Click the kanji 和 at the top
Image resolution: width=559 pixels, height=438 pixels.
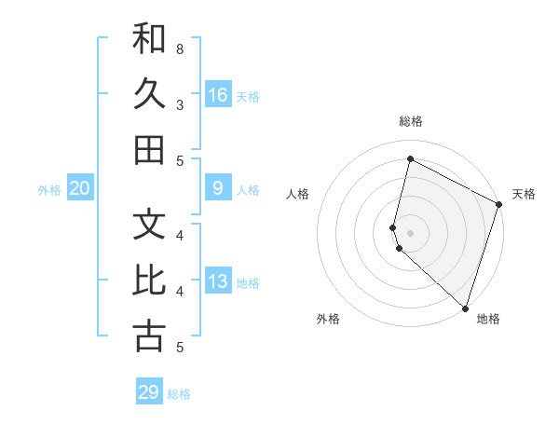(x=149, y=39)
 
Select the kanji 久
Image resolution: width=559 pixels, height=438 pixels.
(x=149, y=94)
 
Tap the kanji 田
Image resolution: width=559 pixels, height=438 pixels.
(x=149, y=150)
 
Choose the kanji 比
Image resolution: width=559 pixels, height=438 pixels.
(x=149, y=281)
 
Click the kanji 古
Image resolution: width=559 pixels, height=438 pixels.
(x=149, y=337)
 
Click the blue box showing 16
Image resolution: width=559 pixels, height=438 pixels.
(x=218, y=94)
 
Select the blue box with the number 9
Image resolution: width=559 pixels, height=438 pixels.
(x=218, y=189)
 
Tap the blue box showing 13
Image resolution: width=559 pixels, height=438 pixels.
(x=218, y=282)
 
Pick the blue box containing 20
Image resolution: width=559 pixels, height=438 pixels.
(x=79, y=189)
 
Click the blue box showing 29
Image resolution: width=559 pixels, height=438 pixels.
(x=149, y=392)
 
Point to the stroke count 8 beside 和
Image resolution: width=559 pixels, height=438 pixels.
(x=180, y=48)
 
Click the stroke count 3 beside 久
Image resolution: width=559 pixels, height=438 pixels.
(x=180, y=104)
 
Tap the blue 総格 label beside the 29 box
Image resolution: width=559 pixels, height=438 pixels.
(x=180, y=394)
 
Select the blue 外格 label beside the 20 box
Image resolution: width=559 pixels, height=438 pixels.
(x=49, y=190)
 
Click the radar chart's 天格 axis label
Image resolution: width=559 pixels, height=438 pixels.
(x=524, y=194)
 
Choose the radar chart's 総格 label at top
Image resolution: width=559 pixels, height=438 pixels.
(x=411, y=121)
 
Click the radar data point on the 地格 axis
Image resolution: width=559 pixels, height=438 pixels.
(x=465, y=308)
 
